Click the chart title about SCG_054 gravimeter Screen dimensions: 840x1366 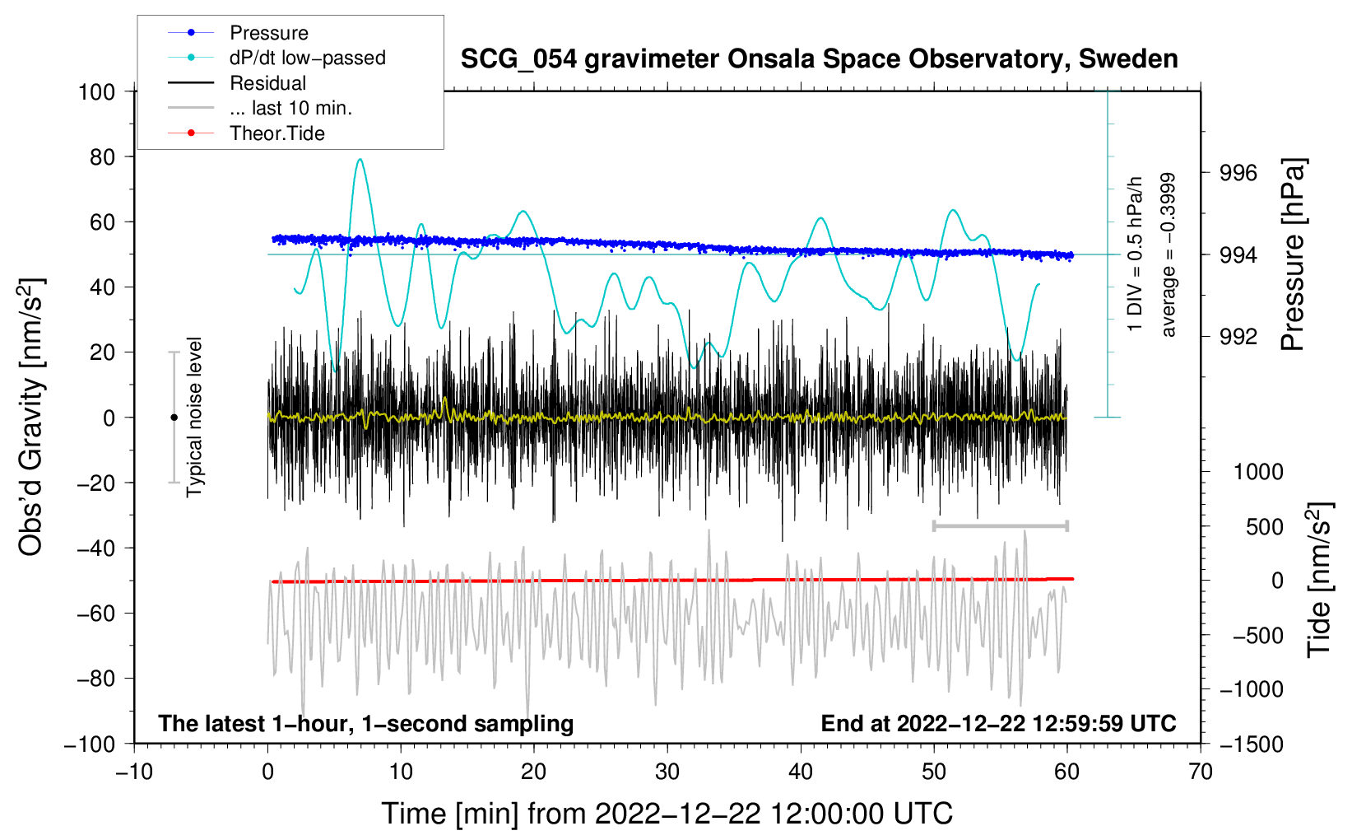click(x=819, y=59)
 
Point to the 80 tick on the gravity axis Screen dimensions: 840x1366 click(x=102, y=156)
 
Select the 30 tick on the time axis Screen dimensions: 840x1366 click(x=667, y=772)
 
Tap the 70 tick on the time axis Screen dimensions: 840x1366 click(x=1201, y=772)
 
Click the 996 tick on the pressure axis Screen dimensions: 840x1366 click(x=1238, y=173)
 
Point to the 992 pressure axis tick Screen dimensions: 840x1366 click(x=1238, y=336)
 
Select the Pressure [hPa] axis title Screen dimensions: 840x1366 click(x=1293, y=254)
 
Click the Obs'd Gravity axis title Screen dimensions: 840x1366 click(x=31, y=417)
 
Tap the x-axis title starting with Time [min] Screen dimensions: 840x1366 click(x=667, y=814)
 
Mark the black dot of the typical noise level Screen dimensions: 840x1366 click(x=174, y=418)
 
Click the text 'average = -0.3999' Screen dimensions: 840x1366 click(x=1168, y=254)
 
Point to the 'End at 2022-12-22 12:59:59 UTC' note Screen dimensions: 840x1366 click(x=998, y=723)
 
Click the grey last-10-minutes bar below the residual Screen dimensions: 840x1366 click(x=1000, y=525)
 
